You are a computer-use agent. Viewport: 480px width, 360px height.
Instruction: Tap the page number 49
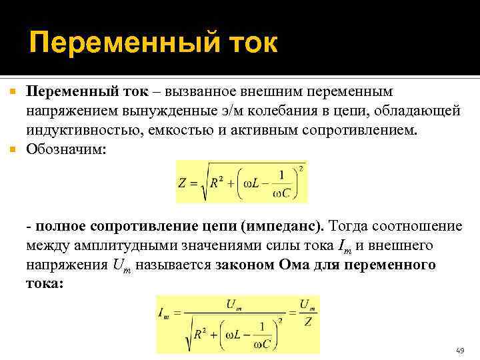click(x=459, y=350)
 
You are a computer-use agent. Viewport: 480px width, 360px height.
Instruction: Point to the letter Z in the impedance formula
click(x=184, y=183)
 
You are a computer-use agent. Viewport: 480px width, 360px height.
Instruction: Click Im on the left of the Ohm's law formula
click(x=164, y=311)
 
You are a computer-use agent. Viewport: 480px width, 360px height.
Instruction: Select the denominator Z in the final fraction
click(x=306, y=321)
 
